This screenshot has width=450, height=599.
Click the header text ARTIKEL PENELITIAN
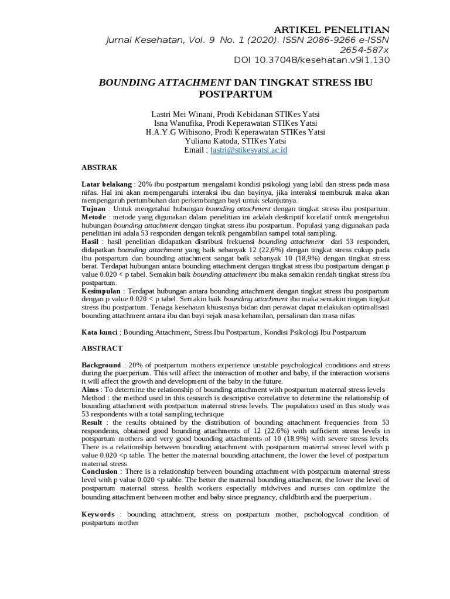point(332,29)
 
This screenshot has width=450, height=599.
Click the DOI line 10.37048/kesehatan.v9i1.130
point(312,60)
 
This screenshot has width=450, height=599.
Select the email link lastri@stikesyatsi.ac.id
point(248,150)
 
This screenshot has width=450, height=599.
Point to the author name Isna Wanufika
point(179,123)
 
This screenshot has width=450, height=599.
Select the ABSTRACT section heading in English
point(102,348)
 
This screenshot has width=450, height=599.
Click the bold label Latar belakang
point(107,184)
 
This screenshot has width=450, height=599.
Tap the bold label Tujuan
point(94,209)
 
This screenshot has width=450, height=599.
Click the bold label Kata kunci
point(100,332)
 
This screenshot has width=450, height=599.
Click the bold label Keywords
point(98,514)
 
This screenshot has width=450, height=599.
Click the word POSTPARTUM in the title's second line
point(236,94)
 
